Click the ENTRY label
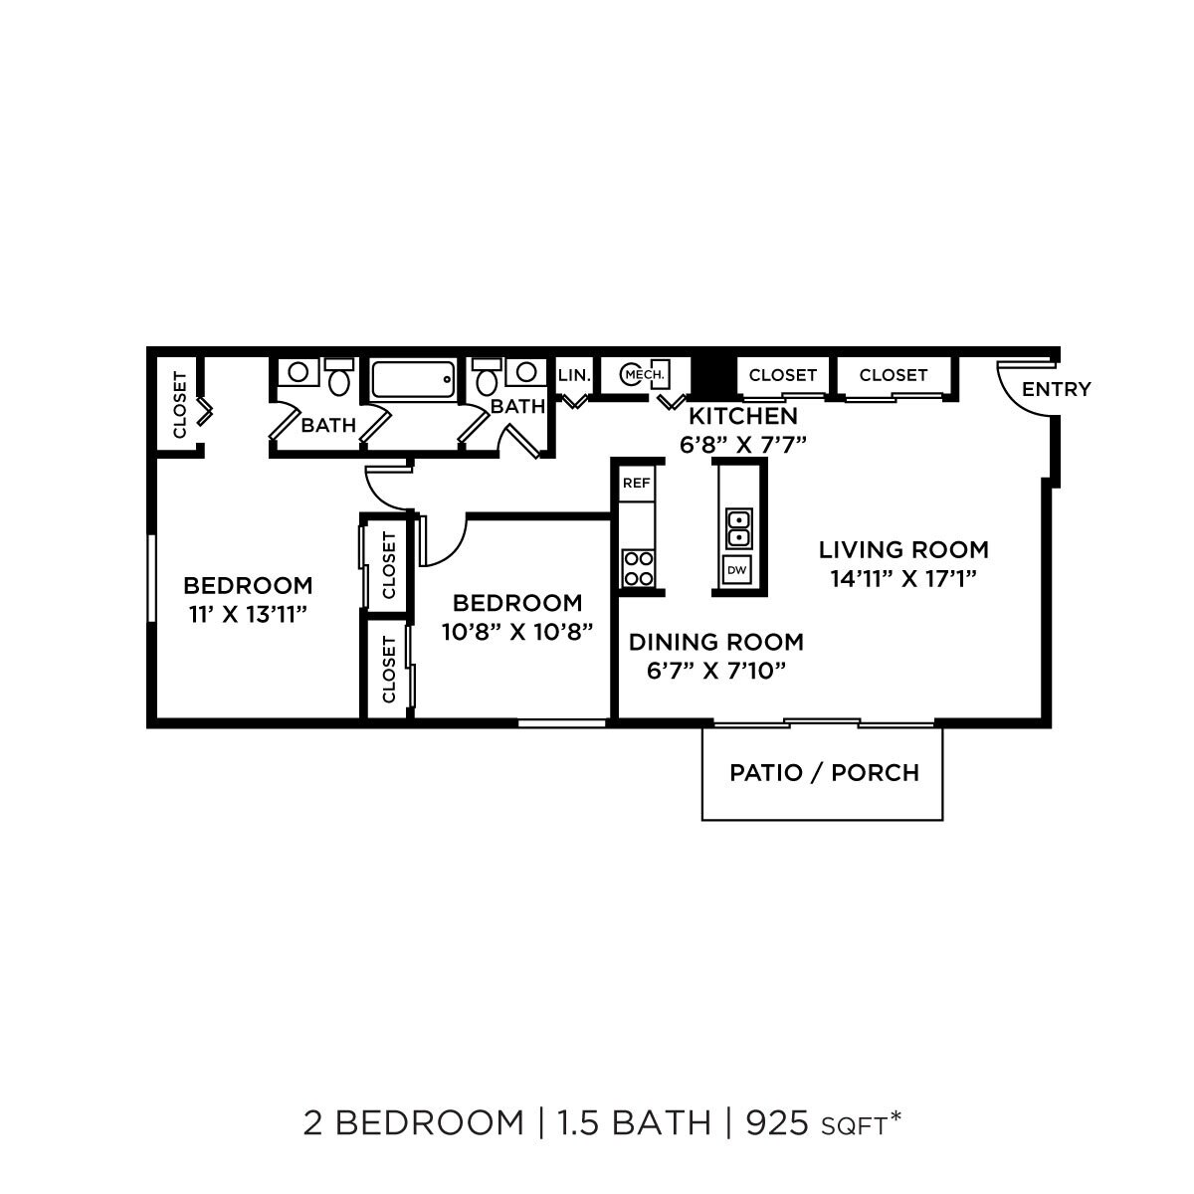(x=1056, y=389)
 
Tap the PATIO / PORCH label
(x=824, y=772)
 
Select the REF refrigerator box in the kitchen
(x=637, y=484)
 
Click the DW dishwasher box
(x=737, y=570)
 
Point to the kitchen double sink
(x=738, y=528)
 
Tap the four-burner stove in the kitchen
(x=638, y=568)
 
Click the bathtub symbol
(x=413, y=379)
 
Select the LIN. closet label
(x=575, y=375)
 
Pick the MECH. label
(x=646, y=374)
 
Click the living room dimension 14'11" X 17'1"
(x=903, y=578)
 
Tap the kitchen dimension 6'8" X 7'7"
(x=742, y=444)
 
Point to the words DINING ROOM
(x=715, y=642)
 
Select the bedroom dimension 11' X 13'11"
(x=247, y=614)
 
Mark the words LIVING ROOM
(x=903, y=549)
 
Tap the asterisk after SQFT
(x=895, y=1116)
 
